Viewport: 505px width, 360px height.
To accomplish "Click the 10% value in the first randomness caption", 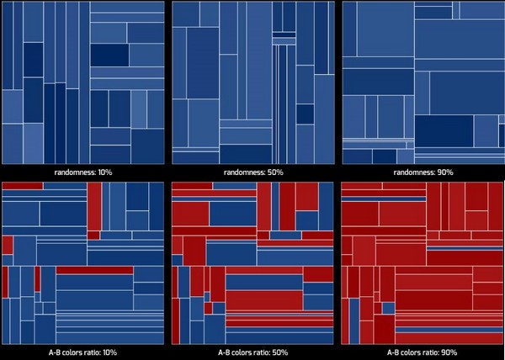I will [105, 172].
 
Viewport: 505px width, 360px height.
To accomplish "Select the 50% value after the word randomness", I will [274, 172].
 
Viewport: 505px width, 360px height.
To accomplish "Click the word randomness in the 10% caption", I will [73, 172].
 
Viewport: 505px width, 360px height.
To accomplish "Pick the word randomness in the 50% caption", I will [242, 172].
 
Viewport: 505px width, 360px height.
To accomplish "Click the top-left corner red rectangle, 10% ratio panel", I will [22, 185].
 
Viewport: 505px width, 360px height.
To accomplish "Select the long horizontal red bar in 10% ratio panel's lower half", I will [94, 269].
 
